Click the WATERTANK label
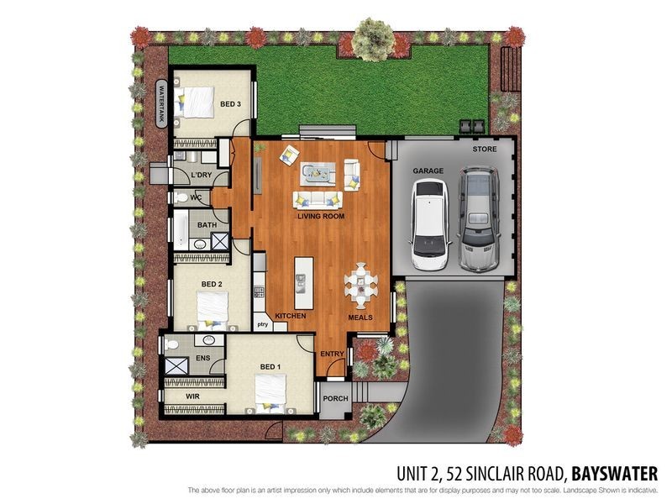point(162,102)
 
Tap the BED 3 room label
point(231,104)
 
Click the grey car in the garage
point(477,218)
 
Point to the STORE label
point(484,150)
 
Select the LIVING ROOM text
point(321,216)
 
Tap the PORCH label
point(334,401)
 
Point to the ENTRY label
point(333,354)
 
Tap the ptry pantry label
point(262,323)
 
